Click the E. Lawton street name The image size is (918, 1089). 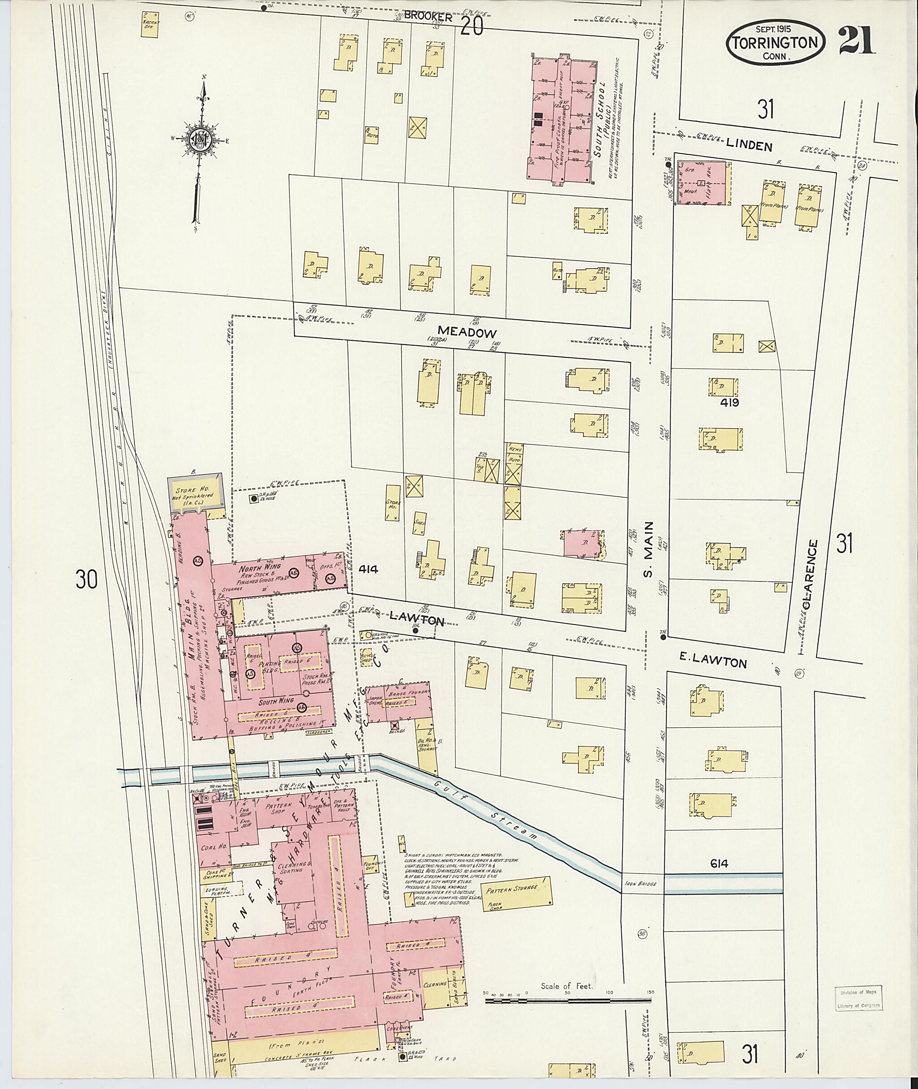(x=713, y=662)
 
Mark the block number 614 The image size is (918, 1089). (x=718, y=864)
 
